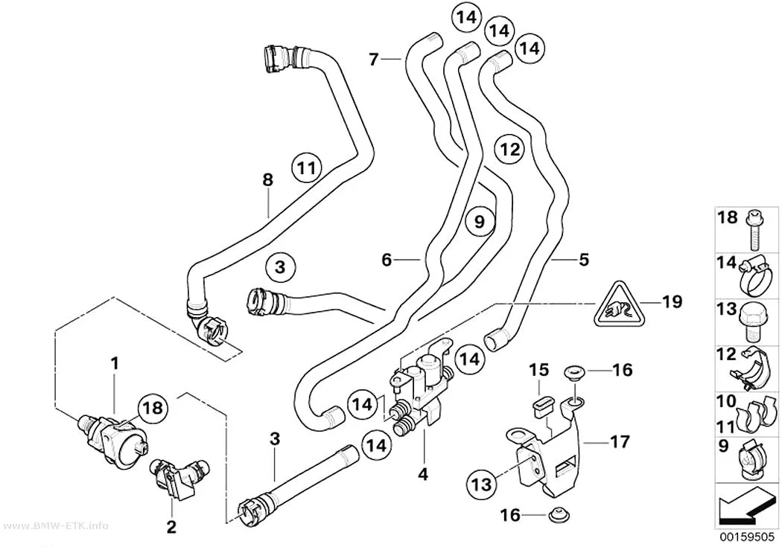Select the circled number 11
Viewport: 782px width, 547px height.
306,168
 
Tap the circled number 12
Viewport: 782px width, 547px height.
509,149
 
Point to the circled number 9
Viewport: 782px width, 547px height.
480,221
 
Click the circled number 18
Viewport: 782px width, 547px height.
153,408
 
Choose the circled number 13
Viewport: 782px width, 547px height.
483,483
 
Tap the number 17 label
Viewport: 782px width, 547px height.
620,441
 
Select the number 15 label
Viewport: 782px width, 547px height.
538,370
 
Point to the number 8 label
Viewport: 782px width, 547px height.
268,179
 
